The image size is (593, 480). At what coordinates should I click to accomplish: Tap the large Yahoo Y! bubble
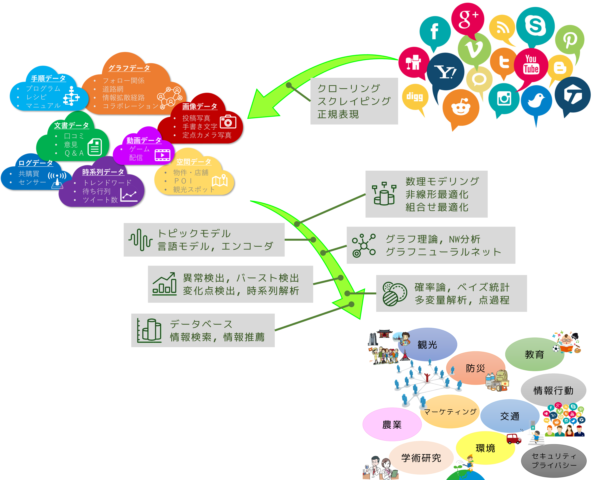(x=445, y=72)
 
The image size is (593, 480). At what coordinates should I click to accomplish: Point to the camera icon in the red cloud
(x=228, y=122)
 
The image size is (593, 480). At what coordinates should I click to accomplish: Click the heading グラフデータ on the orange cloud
(x=129, y=68)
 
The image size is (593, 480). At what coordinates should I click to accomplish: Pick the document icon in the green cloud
(x=95, y=147)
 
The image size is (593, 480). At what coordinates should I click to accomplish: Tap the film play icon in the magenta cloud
(x=163, y=155)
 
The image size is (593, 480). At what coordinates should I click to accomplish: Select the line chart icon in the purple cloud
(x=129, y=195)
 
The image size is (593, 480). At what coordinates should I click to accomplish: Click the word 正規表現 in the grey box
(x=338, y=114)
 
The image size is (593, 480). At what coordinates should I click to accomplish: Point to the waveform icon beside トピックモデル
(x=140, y=240)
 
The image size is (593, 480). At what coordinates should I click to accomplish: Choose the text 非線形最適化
(x=437, y=194)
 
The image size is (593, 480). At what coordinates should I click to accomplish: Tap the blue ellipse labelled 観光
(x=427, y=345)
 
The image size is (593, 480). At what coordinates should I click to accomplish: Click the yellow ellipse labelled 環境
(x=485, y=448)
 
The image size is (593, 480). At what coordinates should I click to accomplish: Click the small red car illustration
(x=514, y=438)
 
